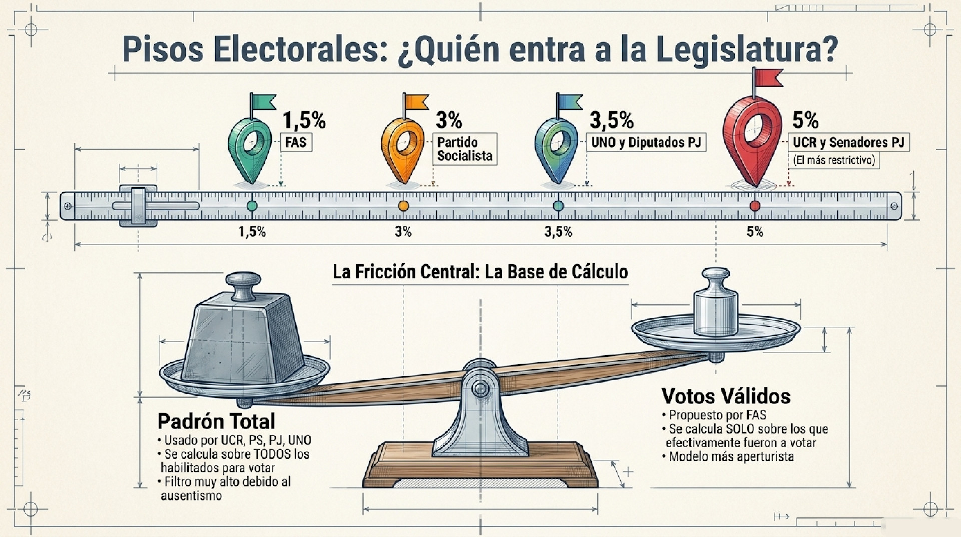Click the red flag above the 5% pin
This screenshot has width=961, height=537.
click(768, 77)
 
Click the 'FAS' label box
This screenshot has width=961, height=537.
click(296, 142)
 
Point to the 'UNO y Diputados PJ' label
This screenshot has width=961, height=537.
click(646, 142)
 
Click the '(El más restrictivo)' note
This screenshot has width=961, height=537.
click(834, 160)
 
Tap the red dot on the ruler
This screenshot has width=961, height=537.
click(755, 206)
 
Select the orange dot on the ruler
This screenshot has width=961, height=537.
click(403, 206)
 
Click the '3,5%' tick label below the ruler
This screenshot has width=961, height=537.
click(558, 232)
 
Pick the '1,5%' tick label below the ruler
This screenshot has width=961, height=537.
click(252, 232)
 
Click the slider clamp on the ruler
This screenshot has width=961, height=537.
click(138, 206)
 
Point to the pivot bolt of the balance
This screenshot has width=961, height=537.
click(481, 388)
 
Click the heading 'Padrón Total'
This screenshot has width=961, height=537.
click(216, 421)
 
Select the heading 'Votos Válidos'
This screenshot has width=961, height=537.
click(726, 396)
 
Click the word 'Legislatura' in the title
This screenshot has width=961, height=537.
click(746, 50)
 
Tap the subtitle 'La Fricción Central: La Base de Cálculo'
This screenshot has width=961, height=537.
click(480, 272)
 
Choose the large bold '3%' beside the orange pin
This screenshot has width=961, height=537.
click(449, 120)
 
